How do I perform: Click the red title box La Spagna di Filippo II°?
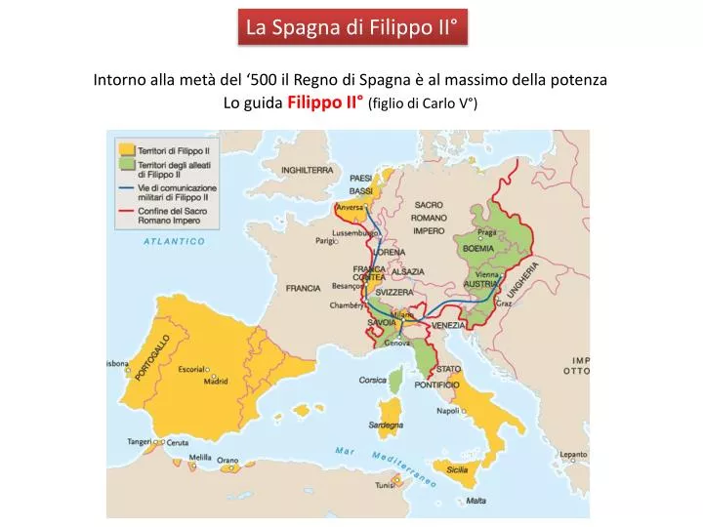click(351, 27)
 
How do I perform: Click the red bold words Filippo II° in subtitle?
click(326, 103)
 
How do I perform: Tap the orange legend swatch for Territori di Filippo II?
click(125, 149)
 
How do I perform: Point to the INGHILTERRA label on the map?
click(308, 170)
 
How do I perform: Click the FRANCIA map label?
click(303, 288)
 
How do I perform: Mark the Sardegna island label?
click(386, 426)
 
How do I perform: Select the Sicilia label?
click(457, 469)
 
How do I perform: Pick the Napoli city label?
click(448, 411)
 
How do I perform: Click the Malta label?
click(476, 501)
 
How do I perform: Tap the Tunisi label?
click(384, 485)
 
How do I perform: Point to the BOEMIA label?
click(478, 248)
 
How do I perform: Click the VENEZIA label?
click(448, 324)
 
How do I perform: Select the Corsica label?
click(374, 380)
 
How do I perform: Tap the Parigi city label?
click(326, 240)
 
